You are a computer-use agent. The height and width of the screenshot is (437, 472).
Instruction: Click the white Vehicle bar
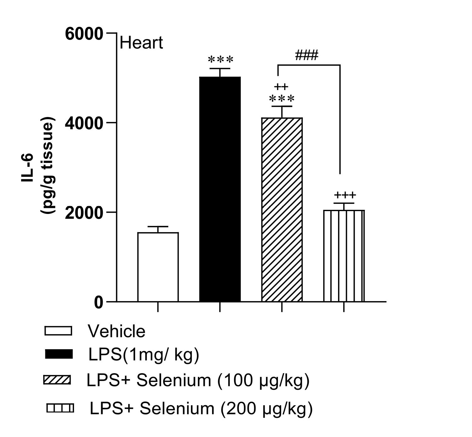(158, 267)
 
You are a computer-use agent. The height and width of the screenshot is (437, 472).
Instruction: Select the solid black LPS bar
(220, 189)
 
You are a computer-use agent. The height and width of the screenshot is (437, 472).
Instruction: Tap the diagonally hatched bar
(282, 210)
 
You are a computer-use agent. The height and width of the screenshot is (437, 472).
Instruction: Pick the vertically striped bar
(344, 256)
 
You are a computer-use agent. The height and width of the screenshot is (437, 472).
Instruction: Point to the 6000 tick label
(84, 34)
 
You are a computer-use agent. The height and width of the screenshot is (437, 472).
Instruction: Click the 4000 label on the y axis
(84, 123)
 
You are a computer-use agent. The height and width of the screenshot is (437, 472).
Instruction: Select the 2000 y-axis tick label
(84, 213)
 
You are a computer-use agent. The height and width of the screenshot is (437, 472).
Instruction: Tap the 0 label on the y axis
(99, 302)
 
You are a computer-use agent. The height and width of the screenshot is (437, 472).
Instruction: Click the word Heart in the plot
(141, 43)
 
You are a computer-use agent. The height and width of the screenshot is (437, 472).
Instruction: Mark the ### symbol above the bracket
(306, 55)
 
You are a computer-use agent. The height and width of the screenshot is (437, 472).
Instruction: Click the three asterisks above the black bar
(221, 59)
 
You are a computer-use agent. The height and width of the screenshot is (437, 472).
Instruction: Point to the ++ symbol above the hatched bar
(281, 87)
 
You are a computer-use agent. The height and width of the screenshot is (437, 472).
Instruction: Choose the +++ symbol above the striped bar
(345, 195)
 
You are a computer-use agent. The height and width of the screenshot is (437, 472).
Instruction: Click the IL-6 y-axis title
(27, 167)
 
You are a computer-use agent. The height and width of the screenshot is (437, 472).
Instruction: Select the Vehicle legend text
(117, 331)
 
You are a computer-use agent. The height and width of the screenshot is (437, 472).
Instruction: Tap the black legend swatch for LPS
(59, 354)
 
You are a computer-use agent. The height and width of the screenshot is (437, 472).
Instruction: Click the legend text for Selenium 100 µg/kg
(198, 380)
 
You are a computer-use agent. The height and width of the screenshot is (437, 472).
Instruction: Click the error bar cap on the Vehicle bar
(158, 227)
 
